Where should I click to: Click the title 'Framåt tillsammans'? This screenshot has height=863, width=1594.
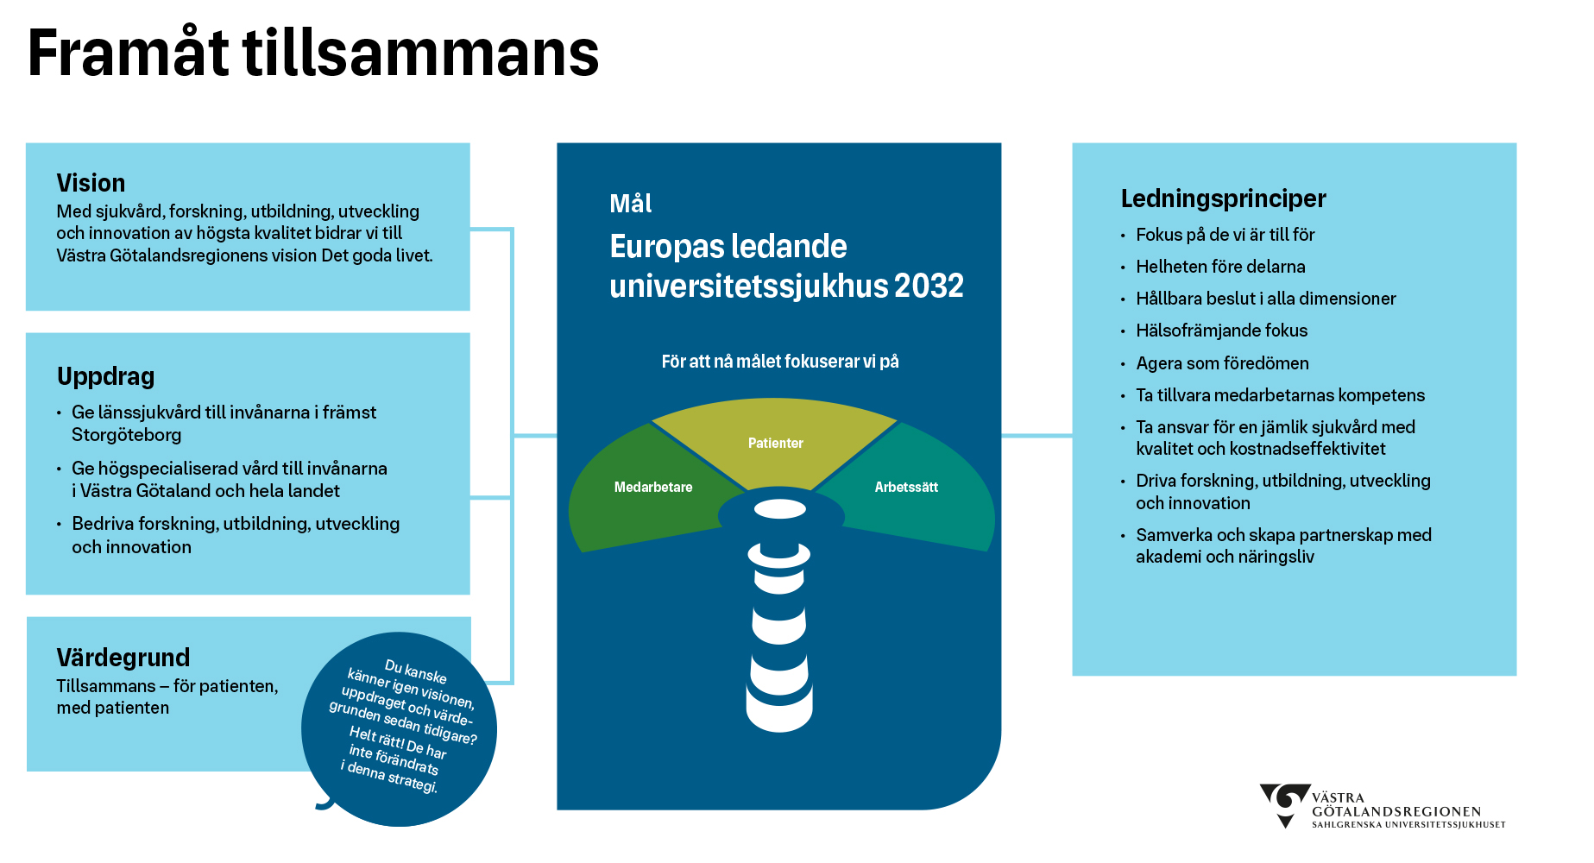pos(312,54)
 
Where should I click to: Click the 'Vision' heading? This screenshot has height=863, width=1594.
pos(91,183)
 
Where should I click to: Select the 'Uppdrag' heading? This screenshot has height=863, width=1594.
pos(105,376)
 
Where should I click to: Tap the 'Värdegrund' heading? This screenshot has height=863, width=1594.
pos(123,658)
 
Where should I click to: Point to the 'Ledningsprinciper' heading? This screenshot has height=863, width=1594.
pos(1223,198)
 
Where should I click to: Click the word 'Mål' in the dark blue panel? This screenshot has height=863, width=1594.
pos(630,204)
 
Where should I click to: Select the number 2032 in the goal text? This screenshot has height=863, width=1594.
pos(929,286)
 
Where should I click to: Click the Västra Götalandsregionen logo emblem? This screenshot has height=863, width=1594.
pos(1285,803)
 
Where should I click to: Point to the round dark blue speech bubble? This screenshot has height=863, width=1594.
pos(400,729)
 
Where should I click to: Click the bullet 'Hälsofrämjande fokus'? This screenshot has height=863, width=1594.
pos(1221,331)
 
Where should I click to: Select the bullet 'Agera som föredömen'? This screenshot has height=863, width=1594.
pos(1222,363)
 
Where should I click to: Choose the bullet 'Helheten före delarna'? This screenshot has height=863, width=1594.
pos(1220,267)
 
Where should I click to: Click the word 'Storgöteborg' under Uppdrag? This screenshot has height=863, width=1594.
pos(126,435)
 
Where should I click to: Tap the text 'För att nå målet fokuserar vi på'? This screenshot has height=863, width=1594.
pos(779,362)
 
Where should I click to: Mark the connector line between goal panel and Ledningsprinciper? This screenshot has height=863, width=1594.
pos(1036,436)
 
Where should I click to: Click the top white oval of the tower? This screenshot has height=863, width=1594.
pos(780,509)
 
